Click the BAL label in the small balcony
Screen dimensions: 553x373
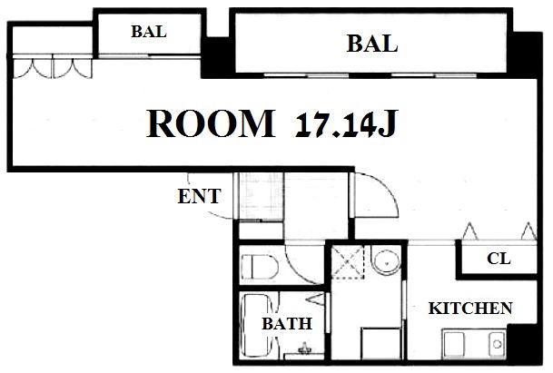pyautogui.click(x=149, y=32)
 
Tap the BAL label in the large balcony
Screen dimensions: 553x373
pyautogui.click(x=372, y=44)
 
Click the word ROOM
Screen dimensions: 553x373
pyautogui.click(x=211, y=123)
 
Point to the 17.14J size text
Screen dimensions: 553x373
pyautogui.click(x=347, y=123)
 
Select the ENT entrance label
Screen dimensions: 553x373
pyautogui.click(x=199, y=196)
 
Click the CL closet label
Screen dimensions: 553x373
pyautogui.click(x=499, y=259)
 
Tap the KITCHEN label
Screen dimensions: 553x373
pyautogui.click(x=470, y=309)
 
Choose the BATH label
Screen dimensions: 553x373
pyautogui.click(x=287, y=324)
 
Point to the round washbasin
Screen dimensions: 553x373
pyautogui.click(x=387, y=263)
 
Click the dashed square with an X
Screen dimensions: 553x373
pyautogui.click(x=348, y=262)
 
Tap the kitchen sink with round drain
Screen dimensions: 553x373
pyautogui.click(x=497, y=344)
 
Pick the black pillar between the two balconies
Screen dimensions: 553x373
pyautogui.click(x=218, y=57)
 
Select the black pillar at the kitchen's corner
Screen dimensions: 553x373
pyautogui.click(x=525, y=344)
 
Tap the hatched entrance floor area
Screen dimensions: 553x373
pyautogui.click(x=261, y=196)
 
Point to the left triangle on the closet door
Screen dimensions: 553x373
pyautogui.click(x=470, y=231)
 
